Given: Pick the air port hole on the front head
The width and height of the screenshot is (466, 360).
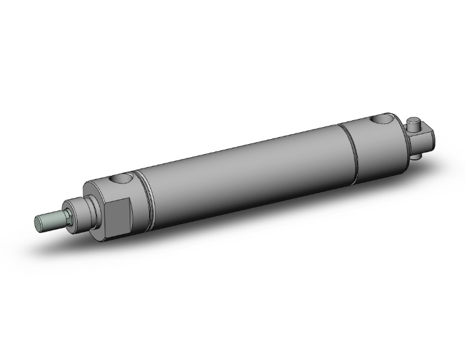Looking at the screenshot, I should (x=122, y=180).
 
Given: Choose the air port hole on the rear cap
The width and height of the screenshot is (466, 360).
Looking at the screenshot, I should (x=381, y=119).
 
